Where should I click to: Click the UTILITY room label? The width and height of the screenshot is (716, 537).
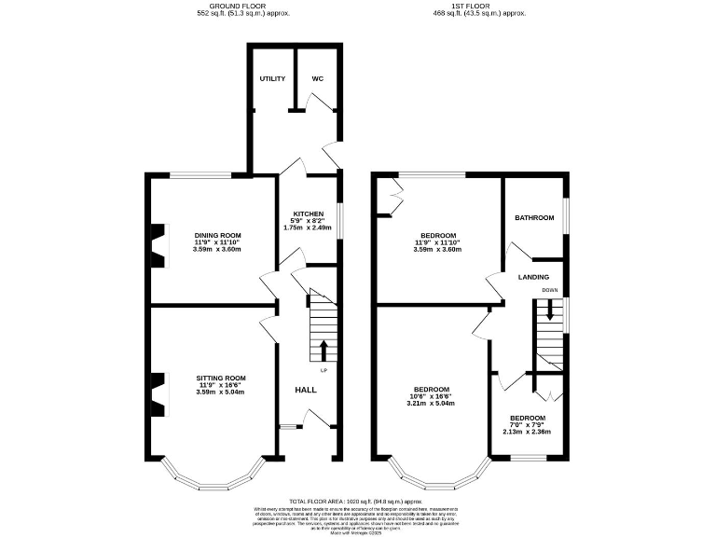point(271,79)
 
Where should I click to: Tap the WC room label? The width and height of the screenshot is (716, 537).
point(317,79)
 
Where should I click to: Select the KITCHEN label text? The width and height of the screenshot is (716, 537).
point(309,213)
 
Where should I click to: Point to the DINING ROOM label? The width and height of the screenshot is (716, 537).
point(218,235)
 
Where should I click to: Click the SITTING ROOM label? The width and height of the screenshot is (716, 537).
point(219,378)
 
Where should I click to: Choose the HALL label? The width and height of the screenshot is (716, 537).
point(305,390)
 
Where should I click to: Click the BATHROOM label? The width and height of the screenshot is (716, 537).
point(534,218)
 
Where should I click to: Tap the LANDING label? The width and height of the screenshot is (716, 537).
point(533,277)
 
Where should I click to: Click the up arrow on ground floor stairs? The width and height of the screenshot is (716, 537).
point(324,351)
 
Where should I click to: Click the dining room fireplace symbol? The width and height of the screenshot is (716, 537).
point(158,243)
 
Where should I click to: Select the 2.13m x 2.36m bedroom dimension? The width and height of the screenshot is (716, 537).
point(528,432)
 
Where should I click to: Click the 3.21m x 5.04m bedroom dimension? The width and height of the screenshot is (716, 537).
point(432,405)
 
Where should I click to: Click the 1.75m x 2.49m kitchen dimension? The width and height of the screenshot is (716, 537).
point(309,228)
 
